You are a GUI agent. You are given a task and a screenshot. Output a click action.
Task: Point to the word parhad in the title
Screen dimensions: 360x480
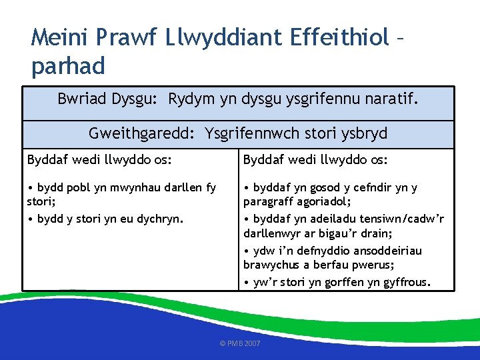[68, 65]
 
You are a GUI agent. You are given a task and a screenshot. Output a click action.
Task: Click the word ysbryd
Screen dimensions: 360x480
[363, 133]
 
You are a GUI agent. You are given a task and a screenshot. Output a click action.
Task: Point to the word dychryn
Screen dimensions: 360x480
[157, 218]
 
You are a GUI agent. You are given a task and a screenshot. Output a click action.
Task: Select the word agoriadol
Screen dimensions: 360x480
[324, 201]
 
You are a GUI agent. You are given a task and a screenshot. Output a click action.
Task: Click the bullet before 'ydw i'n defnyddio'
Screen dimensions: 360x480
[247, 251]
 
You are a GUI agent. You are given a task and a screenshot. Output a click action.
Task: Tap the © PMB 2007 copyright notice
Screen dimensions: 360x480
[240, 343]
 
